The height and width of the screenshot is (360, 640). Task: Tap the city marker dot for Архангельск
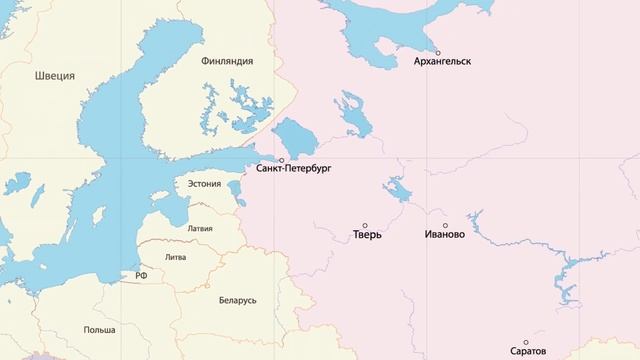click(438, 51)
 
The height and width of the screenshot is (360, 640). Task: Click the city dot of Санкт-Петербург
click(281, 160)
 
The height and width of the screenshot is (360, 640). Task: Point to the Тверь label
click(368, 237)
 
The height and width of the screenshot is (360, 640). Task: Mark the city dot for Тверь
click(365, 226)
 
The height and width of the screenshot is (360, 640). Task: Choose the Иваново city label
click(445, 237)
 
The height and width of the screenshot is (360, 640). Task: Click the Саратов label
click(528, 352)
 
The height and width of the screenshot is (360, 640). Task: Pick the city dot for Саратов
click(527, 341)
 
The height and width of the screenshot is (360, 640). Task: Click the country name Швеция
click(55, 76)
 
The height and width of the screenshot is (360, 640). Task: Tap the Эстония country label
click(204, 184)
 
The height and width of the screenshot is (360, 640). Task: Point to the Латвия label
click(200, 228)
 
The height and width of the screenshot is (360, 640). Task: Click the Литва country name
click(176, 257)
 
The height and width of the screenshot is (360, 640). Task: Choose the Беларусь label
click(238, 300)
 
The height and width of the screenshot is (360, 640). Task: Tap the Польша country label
click(100, 329)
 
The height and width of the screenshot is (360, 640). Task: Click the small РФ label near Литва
click(142, 274)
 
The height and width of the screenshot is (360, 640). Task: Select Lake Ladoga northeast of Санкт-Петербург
click(293, 135)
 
